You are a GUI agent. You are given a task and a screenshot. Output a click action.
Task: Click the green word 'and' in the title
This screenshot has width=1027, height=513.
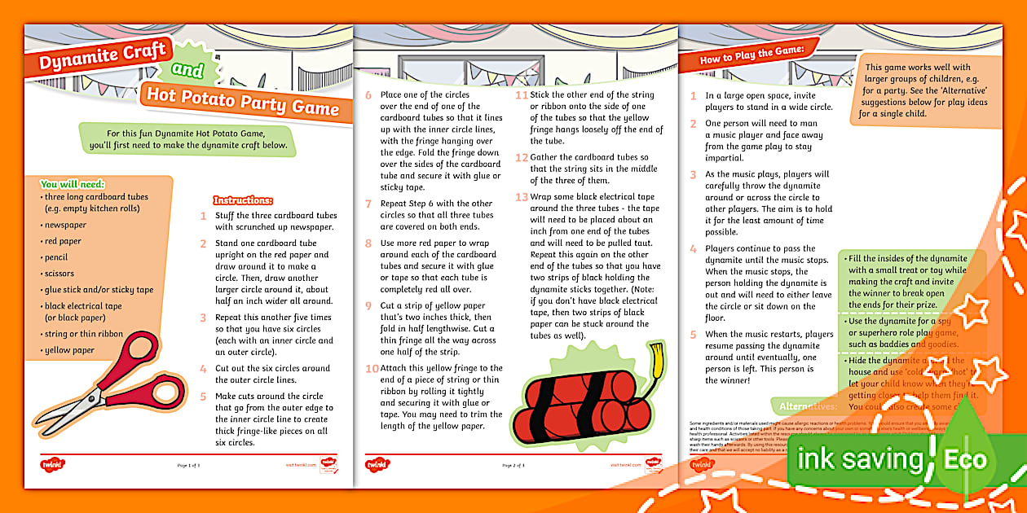pos(188,71)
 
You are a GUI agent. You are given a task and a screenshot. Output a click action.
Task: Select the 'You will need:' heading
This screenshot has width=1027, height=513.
pos(73,184)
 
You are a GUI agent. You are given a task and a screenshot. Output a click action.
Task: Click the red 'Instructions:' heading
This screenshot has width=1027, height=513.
pos(243,199)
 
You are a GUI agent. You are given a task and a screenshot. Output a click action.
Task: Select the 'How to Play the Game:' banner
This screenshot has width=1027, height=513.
pos(752,59)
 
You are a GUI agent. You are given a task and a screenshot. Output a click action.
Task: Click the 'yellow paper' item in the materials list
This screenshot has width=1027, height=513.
pos(69,350)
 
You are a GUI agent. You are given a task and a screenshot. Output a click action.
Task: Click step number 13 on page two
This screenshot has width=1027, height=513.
pos(522,197)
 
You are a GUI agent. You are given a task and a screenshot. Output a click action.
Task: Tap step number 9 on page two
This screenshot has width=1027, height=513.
pos(368,305)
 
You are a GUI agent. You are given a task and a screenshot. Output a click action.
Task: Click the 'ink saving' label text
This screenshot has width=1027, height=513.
pos(860,460)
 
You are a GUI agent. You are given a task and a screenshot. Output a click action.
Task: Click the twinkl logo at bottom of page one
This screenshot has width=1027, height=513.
pos(53,464)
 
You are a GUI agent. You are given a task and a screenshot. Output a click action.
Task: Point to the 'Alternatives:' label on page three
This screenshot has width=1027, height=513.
pos(808,406)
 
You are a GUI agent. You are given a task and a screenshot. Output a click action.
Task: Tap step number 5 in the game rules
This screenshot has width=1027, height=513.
pos(694,334)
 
